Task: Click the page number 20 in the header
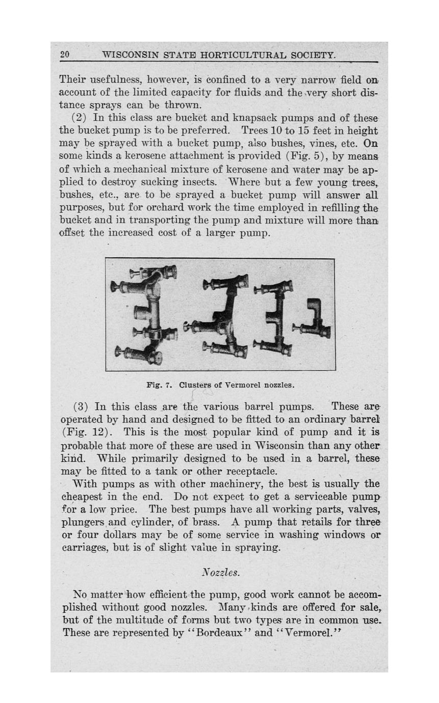pos(64,55)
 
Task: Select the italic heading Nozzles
pos(220,573)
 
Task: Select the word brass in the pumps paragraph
pos(206,522)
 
